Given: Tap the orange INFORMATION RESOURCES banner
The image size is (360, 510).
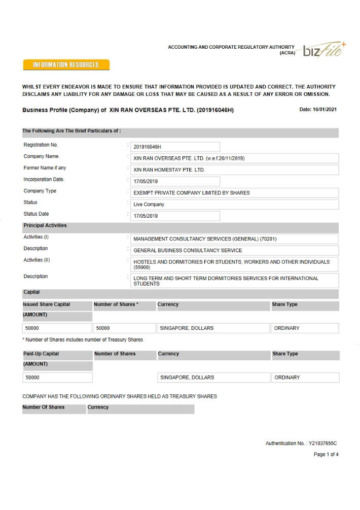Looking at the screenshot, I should click(x=66, y=65).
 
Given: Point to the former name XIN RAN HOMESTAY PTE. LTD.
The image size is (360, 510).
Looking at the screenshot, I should click(x=169, y=170).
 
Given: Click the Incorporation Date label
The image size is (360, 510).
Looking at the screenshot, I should click(x=44, y=180).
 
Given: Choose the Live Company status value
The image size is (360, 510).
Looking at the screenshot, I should click(x=149, y=205).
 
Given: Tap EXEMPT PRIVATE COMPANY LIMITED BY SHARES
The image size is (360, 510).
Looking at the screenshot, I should click(x=191, y=193).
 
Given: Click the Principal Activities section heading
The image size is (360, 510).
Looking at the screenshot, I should click(x=45, y=226).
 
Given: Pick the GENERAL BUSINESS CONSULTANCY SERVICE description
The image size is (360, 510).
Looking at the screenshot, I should click(x=188, y=251).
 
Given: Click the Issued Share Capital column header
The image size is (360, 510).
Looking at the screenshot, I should click(x=46, y=304).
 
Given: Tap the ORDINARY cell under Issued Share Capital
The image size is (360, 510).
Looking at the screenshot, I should click(x=286, y=328).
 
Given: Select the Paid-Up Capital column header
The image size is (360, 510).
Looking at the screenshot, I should click(x=41, y=354).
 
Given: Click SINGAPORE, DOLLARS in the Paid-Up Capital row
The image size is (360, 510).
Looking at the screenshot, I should click(x=187, y=378).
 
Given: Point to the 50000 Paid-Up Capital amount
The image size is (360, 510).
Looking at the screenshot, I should click(x=32, y=378).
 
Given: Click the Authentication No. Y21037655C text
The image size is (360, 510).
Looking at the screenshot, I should click(x=301, y=444).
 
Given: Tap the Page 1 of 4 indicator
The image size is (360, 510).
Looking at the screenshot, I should click(x=326, y=455).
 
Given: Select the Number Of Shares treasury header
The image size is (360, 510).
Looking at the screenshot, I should click(x=43, y=407).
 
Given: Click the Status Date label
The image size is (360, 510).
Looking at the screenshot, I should click(x=36, y=214).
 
